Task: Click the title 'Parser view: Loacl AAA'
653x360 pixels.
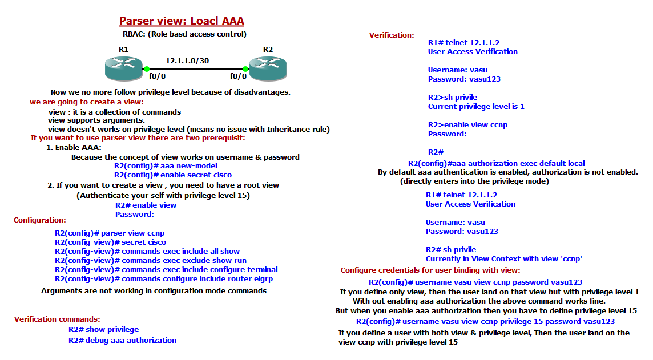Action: pos(182,22)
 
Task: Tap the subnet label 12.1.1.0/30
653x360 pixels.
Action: pos(187,60)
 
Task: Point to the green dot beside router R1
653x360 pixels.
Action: pos(147,68)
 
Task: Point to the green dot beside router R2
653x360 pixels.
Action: pos(245,68)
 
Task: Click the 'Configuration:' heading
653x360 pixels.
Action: pos(40,220)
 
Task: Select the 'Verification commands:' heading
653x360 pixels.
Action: pos(57,319)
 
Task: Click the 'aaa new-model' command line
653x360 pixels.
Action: pos(166,165)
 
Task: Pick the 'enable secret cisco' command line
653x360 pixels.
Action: pos(172,175)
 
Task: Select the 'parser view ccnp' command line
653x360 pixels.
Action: pos(110,233)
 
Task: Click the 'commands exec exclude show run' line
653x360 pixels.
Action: pos(151,260)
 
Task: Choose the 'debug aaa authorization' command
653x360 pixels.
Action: pos(122,340)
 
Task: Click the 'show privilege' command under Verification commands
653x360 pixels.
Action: pos(103,329)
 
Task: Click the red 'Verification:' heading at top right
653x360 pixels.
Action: pos(392,35)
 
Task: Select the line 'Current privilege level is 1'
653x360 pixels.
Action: pos(476,106)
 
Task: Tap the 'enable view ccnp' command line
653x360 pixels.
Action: pos(467,124)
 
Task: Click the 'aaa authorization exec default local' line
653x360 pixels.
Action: pos(496,163)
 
